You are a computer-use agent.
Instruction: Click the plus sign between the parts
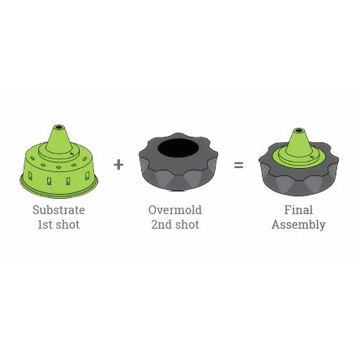118,165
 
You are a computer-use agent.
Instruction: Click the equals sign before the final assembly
238,165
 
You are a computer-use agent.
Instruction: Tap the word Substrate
58,210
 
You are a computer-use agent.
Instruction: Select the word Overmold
175,210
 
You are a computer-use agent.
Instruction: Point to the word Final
298,210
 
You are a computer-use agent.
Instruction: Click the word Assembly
298,225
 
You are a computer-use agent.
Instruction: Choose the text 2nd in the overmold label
160,225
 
